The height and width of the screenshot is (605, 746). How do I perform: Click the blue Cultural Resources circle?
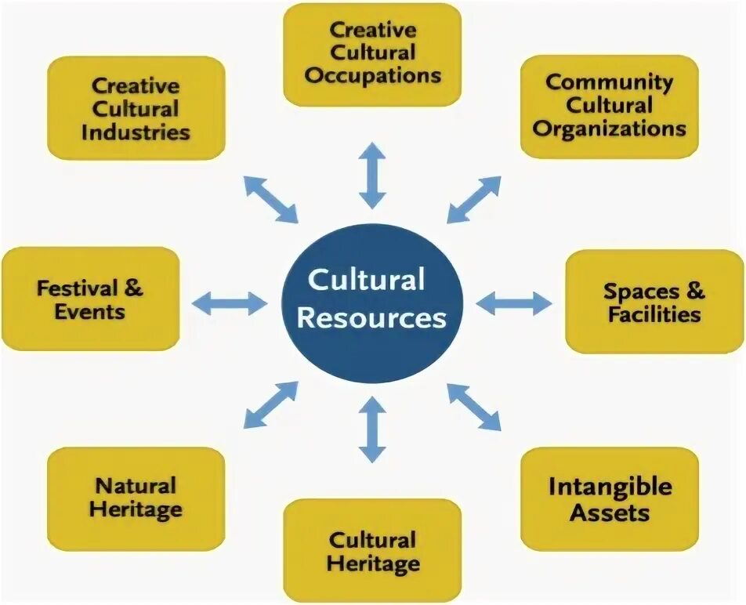[x=372, y=302]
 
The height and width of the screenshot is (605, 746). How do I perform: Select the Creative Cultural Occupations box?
[x=372, y=54]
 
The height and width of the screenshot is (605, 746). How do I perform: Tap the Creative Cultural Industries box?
[x=136, y=107]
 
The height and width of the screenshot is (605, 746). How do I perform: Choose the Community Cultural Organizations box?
[x=610, y=106]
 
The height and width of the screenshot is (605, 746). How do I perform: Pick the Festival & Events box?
[x=91, y=299]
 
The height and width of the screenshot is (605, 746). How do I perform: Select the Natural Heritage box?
[x=136, y=498]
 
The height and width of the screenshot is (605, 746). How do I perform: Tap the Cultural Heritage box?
[x=372, y=550]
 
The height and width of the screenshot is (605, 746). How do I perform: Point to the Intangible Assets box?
[x=610, y=498]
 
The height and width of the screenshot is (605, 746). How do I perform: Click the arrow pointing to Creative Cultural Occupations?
[x=373, y=174]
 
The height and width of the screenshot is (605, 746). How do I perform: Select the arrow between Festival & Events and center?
[x=230, y=302]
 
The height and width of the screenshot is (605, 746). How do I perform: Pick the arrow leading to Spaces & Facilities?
[x=514, y=302]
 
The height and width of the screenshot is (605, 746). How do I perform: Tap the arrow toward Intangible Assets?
[x=474, y=407]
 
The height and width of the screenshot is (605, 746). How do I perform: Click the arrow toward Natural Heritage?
[x=271, y=404]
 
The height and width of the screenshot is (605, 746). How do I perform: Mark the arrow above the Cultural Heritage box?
[x=373, y=429]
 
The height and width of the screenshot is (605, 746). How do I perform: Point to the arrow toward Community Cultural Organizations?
[x=474, y=199]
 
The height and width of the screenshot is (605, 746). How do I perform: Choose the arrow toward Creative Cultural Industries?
[x=271, y=199]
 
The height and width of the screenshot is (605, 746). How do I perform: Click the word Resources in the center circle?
[x=372, y=319]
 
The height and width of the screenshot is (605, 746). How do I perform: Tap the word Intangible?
[x=610, y=487]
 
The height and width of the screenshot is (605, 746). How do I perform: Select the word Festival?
[x=78, y=288]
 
